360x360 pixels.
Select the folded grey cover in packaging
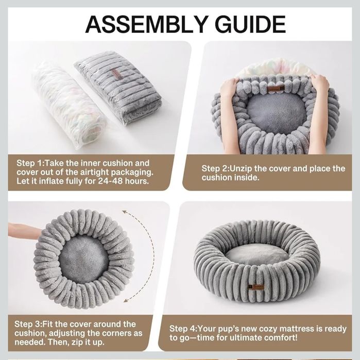(119, 89)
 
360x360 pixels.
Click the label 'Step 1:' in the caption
(29, 163)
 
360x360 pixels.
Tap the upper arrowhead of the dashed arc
(125, 212)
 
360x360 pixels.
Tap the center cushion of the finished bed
(257, 254)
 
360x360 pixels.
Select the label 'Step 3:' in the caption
(27, 324)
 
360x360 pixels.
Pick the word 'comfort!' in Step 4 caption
(281, 338)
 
